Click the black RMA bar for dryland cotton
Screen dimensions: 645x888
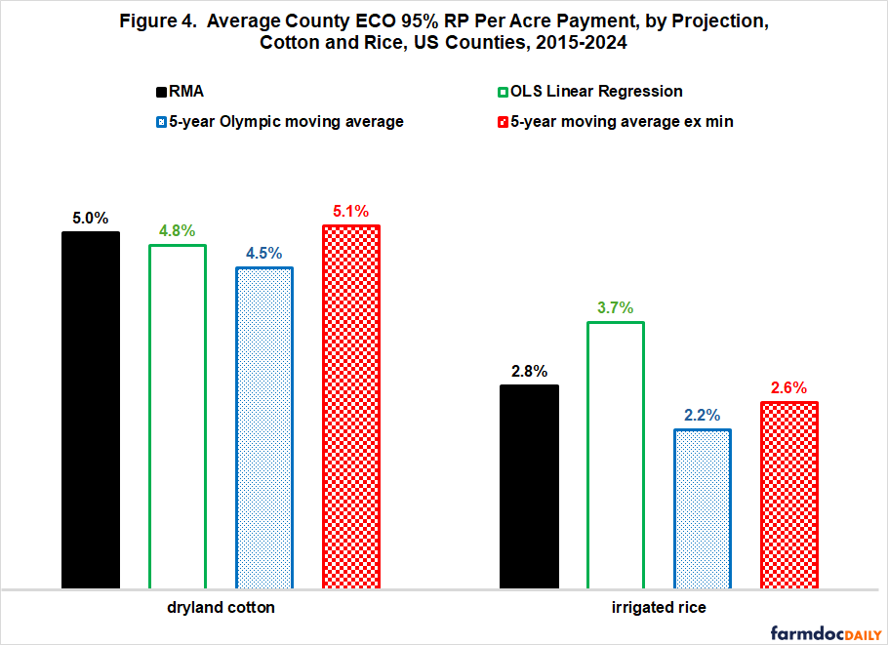point(90,410)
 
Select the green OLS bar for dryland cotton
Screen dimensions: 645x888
point(177,417)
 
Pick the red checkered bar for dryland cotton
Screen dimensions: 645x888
point(350,407)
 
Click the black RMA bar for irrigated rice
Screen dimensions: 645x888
point(529,487)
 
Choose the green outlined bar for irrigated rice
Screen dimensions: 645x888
point(616,455)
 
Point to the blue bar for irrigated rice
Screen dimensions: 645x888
point(703,508)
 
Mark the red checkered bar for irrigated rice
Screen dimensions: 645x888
point(789,495)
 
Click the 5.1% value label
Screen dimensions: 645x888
point(350,210)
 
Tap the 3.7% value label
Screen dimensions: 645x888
point(616,307)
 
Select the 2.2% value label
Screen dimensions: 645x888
point(703,415)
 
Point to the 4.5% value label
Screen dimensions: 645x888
point(263,253)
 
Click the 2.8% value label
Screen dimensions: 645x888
point(529,371)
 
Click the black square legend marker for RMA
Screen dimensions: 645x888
point(162,92)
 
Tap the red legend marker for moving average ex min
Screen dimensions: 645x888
point(504,122)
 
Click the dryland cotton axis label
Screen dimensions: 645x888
point(221,608)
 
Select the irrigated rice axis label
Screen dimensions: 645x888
point(660,608)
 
